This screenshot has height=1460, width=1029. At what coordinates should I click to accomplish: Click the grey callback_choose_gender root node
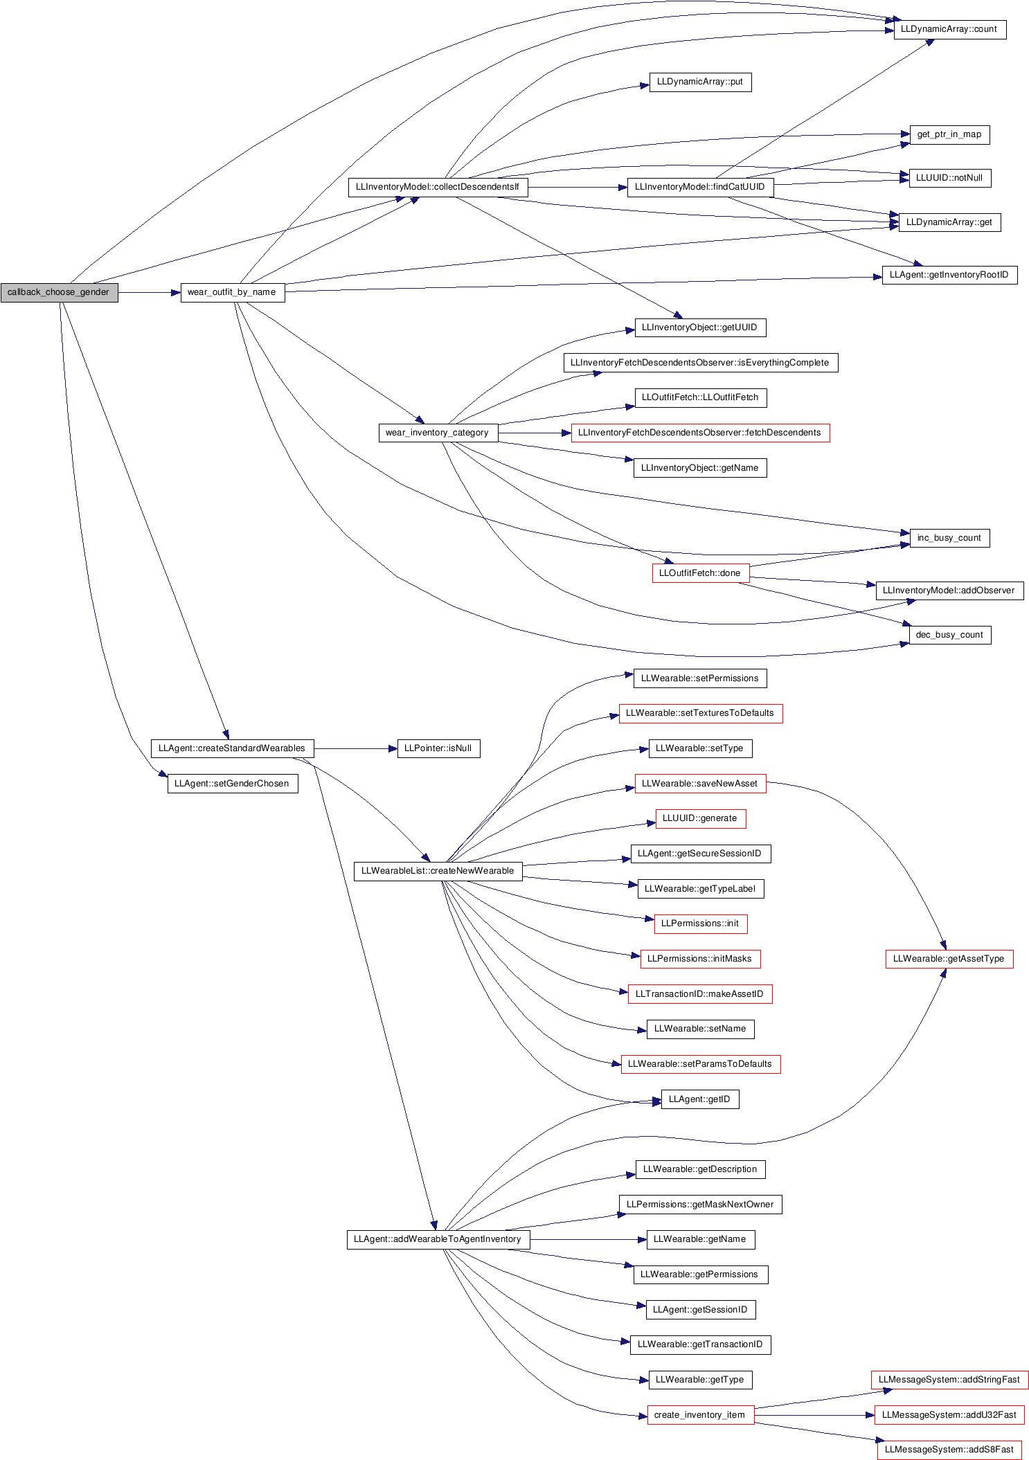click(x=59, y=292)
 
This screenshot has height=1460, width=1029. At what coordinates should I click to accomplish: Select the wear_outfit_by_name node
click(x=231, y=292)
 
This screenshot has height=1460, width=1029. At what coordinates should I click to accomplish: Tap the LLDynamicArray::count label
click(x=949, y=29)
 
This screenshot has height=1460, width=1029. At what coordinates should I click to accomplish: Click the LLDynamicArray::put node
click(x=700, y=82)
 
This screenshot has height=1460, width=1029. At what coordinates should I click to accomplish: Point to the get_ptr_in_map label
click(x=949, y=134)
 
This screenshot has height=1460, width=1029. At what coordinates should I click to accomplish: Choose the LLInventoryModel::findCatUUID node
click(x=700, y=187)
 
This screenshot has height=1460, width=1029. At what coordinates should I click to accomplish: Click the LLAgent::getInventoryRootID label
click(x=949, y=275)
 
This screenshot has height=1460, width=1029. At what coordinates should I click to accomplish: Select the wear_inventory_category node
click(x=437, y=433)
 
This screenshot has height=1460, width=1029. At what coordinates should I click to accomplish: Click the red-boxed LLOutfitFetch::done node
click(x=700, y=573)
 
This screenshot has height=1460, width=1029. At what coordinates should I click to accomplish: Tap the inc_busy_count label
click(x=949, y=538)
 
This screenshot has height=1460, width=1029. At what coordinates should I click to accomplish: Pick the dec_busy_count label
click(x=949, y=635)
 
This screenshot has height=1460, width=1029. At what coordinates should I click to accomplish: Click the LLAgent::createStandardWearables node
click(x=231, y=748)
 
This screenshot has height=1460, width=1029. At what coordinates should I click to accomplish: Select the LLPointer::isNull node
click(x=437, y=748)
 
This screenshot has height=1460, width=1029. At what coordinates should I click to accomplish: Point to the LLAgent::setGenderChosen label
click(x=231, y=784)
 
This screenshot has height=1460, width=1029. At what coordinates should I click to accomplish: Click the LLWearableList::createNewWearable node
click(x=437, y=870)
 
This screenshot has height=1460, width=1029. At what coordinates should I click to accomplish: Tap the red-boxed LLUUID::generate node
click(x=700, y=818)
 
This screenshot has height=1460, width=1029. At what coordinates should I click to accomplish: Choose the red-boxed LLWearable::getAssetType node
click(x=949, y=959)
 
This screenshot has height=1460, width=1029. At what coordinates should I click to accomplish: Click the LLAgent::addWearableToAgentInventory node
click(x=437, y=1239)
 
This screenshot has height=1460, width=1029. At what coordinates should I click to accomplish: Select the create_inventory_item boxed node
click(x=700, y=1415)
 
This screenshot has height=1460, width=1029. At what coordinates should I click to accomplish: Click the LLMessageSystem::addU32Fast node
click(x=949, y=1415)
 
